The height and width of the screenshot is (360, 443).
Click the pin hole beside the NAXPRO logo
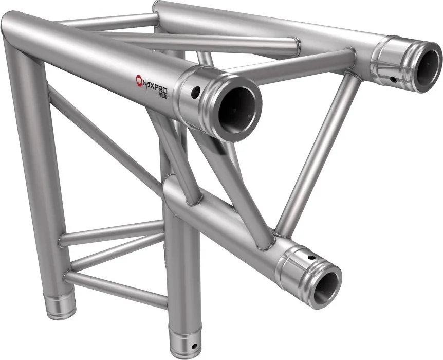pyautogui.click(x=195, y=94)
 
